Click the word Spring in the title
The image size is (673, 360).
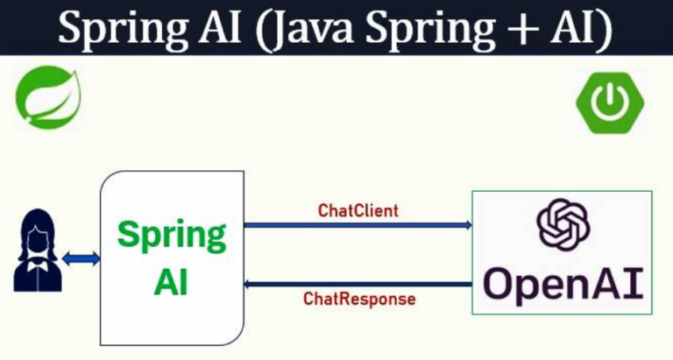coord(114,31)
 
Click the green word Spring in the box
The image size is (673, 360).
coord(172,236)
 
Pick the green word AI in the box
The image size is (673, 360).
coord(172,282)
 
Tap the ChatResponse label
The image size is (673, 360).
coord(359,299)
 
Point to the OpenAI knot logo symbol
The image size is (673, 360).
coord(563,223)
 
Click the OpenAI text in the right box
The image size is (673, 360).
coord(563,282)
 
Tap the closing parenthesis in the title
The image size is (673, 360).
coord(604,32)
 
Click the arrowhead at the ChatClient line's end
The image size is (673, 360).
coord(468,226)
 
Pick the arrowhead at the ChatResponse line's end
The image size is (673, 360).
coord(248,282)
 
